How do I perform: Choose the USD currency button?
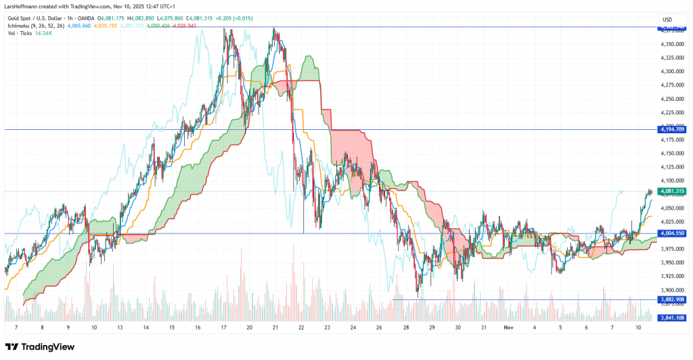click(666, 19)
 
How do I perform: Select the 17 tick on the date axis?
click(224, 327)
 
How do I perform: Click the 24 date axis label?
click(353, 327)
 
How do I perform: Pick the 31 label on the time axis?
click(483, 327)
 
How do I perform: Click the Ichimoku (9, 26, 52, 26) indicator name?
click(33, 26)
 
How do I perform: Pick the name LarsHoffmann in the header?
click(21, 6)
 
